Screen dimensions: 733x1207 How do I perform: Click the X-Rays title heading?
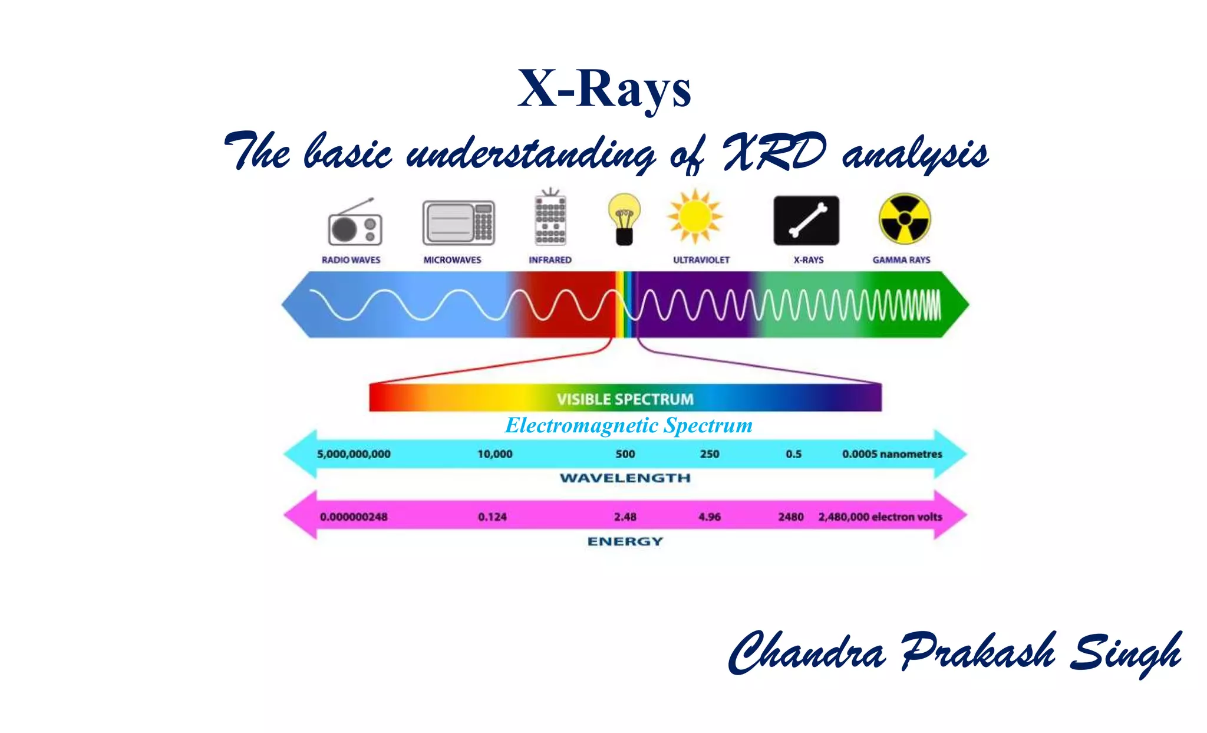[x=604, y=90]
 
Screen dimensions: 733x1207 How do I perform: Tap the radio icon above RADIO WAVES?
[x=355, y=224]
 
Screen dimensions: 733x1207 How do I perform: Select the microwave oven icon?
[x=458, y=222]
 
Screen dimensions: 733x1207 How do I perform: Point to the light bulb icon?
[x=624, y=219]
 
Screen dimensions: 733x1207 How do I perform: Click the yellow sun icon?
[x=695, y=216]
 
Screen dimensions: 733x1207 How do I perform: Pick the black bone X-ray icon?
[x=806, y=221]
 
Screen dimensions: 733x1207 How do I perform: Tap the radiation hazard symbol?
[x=904, y=219]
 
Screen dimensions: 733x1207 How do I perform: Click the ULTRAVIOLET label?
[x=701, y=260]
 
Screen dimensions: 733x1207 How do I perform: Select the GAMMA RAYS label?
[x=901, y=260]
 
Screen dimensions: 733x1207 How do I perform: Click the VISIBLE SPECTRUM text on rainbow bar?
[x=625, y=399]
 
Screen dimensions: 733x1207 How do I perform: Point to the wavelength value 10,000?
[x=494, y=454]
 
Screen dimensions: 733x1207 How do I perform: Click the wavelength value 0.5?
[x=793, y=454]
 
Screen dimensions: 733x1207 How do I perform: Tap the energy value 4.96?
[x=709, y=517]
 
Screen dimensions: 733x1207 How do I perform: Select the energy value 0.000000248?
[x=354, y=517]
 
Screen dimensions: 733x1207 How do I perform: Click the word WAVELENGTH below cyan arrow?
[x=625, y=478]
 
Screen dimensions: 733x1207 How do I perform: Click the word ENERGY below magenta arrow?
[x=625, y=541]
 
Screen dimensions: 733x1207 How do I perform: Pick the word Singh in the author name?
[x=1124, y=653]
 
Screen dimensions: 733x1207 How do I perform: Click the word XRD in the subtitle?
[x=774, y=152]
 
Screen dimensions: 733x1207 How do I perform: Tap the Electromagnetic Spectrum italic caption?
[x=628, y=425]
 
